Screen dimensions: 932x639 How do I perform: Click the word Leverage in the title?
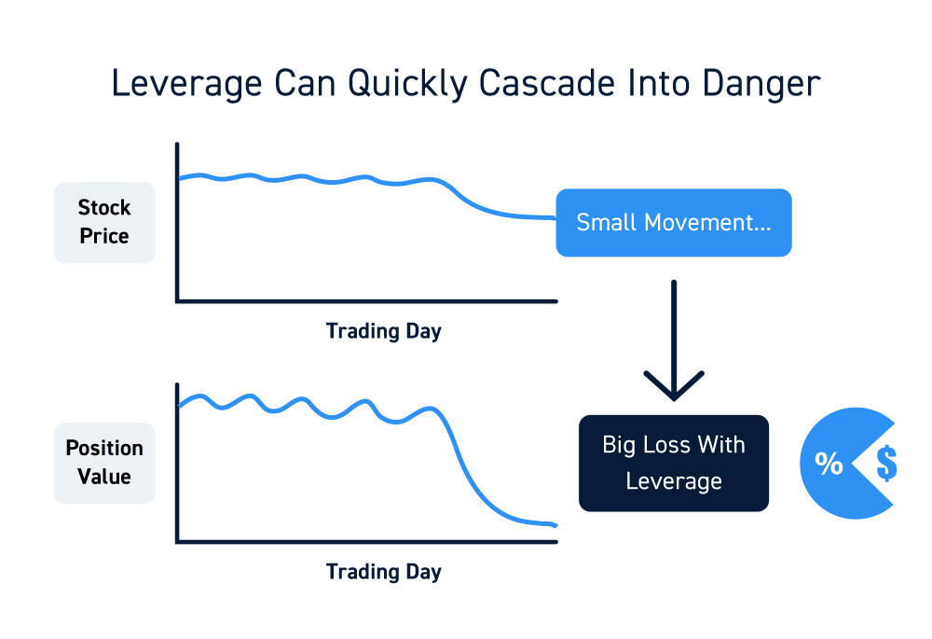[186, 84]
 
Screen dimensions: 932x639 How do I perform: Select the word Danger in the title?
[761, 84]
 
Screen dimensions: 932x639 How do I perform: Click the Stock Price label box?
[104, 223]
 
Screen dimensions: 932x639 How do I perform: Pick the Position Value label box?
[104, 463]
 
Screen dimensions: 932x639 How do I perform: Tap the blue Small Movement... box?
[674, 223]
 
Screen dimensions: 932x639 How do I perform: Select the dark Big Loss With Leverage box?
[674, 463]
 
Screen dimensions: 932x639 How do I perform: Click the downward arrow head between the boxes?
[674, 387]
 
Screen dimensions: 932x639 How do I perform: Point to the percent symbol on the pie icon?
[829, 463]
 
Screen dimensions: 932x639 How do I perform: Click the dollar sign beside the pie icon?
[886, 463]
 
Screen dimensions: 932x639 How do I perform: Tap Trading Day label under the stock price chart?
[383, 331]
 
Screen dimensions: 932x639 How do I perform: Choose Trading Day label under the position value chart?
[383, 573]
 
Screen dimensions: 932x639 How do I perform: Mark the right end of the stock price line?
[555, 217]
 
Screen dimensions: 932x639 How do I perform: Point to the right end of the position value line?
[556, 525]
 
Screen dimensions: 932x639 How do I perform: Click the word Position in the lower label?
[104, 448]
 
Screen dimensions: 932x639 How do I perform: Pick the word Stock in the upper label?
[104, 208]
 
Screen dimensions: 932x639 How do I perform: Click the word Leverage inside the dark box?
[674, 481]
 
